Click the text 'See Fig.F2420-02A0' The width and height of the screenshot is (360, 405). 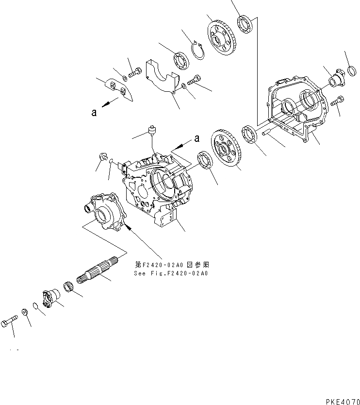click(170, 273)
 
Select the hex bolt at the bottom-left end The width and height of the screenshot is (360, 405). click(10, 321)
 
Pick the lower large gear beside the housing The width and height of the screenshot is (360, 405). click(227, 150)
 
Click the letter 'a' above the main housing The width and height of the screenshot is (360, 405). click(196, 138)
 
